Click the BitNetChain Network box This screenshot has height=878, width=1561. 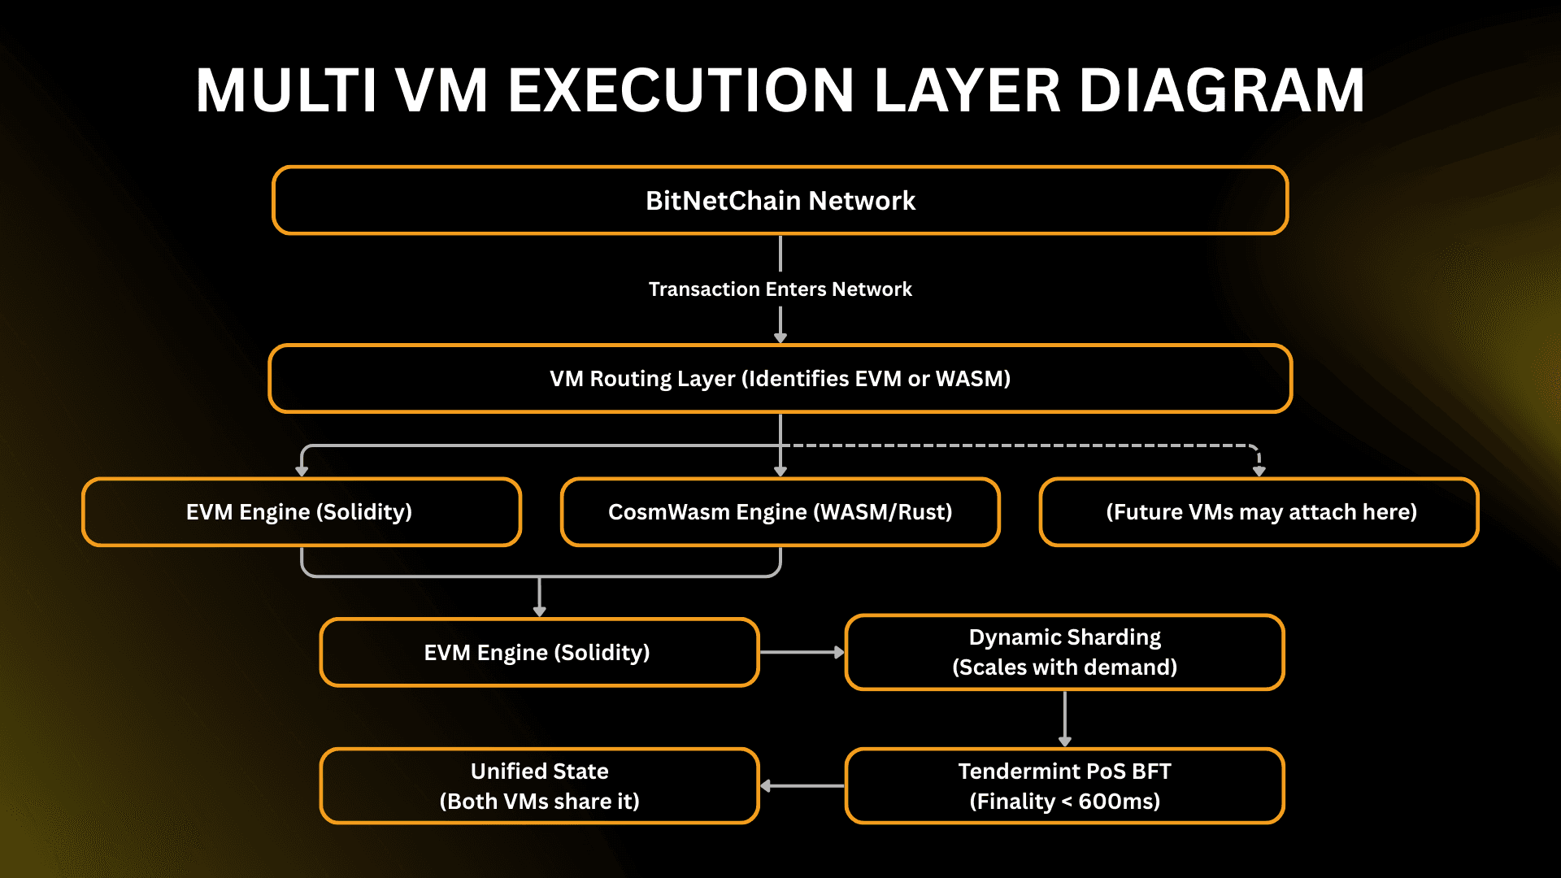point(780,200)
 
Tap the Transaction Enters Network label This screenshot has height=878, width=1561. point(780,289)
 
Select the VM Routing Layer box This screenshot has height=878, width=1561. point(780,379)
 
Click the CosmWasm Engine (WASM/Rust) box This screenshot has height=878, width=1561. point(780,512)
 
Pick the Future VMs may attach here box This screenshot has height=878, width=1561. point(1259,512)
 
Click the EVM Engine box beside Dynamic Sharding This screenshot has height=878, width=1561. point(539,653)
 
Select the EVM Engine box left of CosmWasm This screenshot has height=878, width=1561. point(301,512)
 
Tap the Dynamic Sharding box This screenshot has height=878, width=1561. point(1065,653)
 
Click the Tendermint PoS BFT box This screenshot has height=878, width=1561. point(1065,786)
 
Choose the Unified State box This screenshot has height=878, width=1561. point(539,786)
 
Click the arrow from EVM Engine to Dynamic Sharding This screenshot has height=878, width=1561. point(802,652)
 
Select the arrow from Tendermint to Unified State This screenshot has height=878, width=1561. point(803,785)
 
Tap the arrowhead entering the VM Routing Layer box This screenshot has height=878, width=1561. point(780,337)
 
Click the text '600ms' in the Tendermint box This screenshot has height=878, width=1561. point(1119,802)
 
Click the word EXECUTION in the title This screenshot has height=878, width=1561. point(681,91)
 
